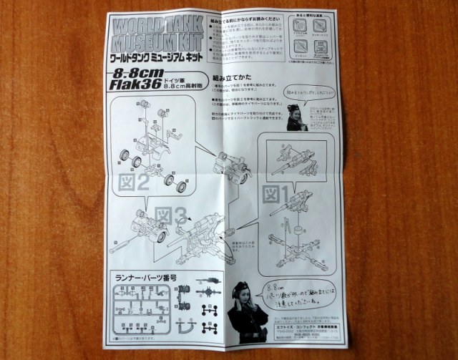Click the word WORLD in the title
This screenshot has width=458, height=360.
point(147,24)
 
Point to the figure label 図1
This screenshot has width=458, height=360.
point(276,194)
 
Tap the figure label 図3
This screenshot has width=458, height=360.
point(172,215)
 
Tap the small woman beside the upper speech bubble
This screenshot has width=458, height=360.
point(295,117)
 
